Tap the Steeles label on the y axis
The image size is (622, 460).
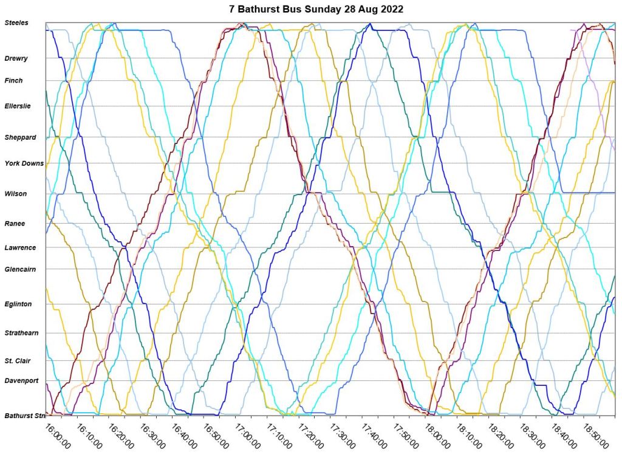click(x=16, y=23)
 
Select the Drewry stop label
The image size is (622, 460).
click(x=16, y=58)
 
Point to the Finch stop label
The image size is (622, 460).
click(x=13, y=81)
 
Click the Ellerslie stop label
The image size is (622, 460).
click(x=18, y=106)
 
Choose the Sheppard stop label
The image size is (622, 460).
click(x=20, y=138)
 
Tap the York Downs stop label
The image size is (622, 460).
click(x=24, y=163)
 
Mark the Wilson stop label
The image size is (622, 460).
click(x=16, y=194)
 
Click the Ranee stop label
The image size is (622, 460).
click(x=15, y=224)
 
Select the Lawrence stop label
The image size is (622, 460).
click(x=20, y=248)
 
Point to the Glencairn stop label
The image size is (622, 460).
click(x=21, y=269)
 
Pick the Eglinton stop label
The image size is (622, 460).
click(x=18, y=304)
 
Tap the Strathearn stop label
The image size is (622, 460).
click(x=21, y=333)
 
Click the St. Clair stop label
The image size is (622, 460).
click(x=18, y=361)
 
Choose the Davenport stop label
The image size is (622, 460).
click(x=21, y=381)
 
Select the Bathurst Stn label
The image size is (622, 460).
click(x=25, y=416)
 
